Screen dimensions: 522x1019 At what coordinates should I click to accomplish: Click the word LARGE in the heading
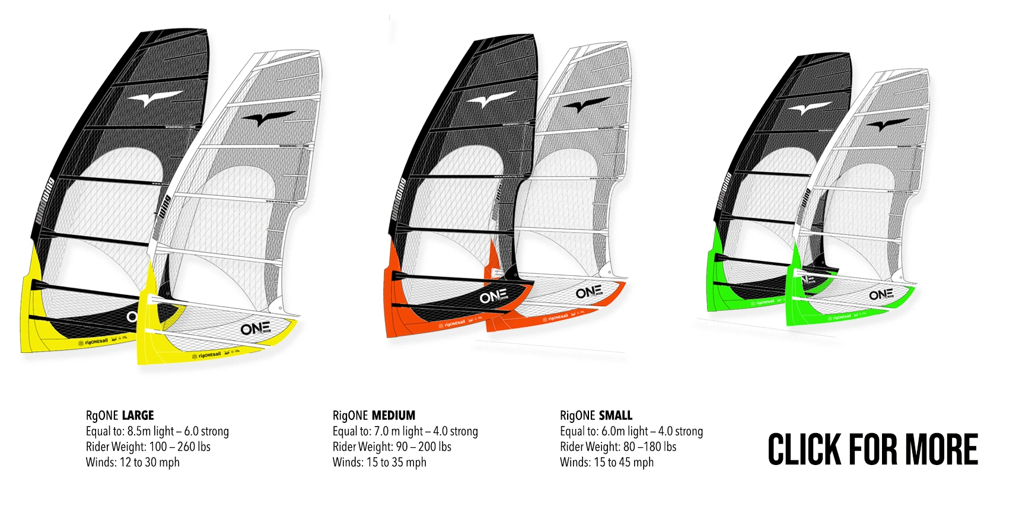pos(138,415)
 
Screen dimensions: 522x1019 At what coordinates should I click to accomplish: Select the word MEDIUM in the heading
pos(394,415)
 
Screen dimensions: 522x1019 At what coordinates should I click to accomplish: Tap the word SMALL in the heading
pos(615,415)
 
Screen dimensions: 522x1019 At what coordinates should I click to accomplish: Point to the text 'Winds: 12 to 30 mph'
pos(132,462)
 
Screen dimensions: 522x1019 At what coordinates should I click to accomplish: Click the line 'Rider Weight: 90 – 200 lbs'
pos(391,447)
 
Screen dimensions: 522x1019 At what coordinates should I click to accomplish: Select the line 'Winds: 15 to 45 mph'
pos(606,462)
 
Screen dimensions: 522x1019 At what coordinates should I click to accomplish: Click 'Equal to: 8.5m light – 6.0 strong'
pos(157,431)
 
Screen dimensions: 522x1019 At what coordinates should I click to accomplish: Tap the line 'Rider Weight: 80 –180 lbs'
pos(618,447)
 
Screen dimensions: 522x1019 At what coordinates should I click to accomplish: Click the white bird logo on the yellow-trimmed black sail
pos(155,98)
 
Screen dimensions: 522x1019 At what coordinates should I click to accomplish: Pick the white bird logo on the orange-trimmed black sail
pos(491,100)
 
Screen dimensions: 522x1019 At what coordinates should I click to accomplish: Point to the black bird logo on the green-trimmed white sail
pos(887,125)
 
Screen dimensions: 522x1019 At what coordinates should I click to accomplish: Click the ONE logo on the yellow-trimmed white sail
pos(256,329)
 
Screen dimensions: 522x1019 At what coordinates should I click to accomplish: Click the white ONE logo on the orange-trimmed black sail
pos(493,295)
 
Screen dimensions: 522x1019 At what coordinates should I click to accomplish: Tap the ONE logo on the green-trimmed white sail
pos(881,295)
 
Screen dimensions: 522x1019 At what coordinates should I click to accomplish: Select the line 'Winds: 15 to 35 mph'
pos(379,462)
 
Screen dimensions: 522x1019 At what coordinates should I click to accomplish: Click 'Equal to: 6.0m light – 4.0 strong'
pos(631,431)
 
